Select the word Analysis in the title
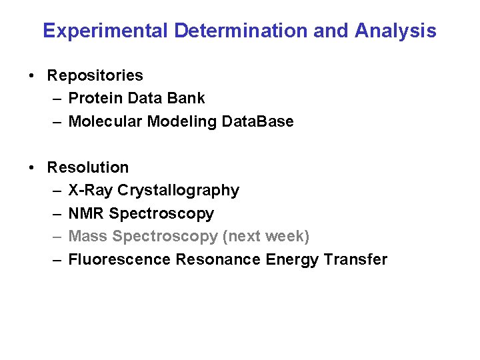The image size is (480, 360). pyautogui.click(x=395, y=31)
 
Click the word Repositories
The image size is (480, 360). pyautogui.click(x=95, y=75)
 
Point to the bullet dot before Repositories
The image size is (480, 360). pyautogui.click(x=33, y=75)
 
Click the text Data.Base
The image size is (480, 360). pyautogui.click(x=257, y=121)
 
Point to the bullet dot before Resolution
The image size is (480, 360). pyautogui.click(x=33, y=167)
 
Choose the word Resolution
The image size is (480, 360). pyautogui.click(x=87, y=167)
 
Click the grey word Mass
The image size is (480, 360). pyautogui.click(x=89, y=237)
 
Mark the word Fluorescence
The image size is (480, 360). pyautogui.click(x=120, y=259)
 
